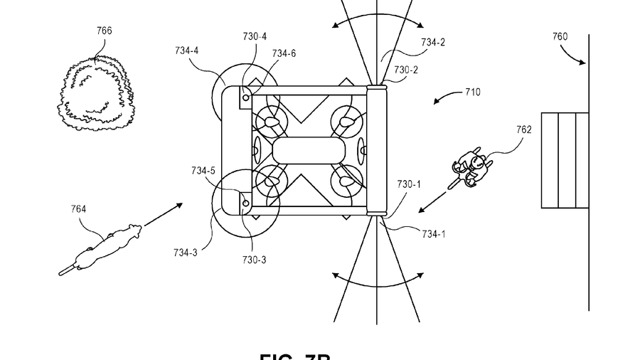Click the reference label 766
(x=104, y=31)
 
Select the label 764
(x=78, y=208)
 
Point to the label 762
(x=524, y=129)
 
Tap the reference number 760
(x=560, y=36)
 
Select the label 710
(x=472, y=92)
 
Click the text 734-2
(x=433, y=42)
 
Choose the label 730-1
(x=409, y=184)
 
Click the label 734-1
(x=432, y=233)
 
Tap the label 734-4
(x=186, y=51)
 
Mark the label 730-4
(x=255, y=36)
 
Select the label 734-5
(x=203, y=170)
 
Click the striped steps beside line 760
(x=565, y=160)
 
